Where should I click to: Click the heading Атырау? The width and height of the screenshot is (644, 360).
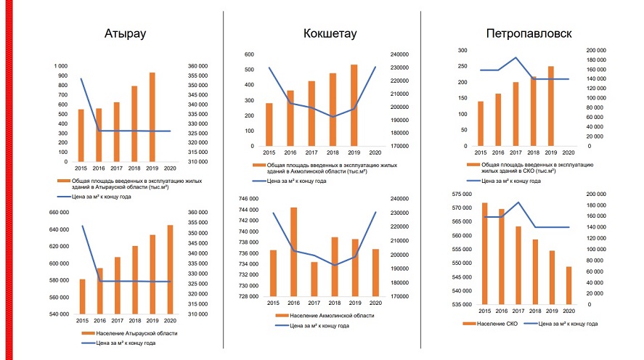(126, 33)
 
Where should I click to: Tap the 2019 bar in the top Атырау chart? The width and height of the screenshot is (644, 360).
(152, 117)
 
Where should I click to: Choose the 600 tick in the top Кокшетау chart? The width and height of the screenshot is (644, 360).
(249, 54)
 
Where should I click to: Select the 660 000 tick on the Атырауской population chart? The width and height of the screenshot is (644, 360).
(58, 213)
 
